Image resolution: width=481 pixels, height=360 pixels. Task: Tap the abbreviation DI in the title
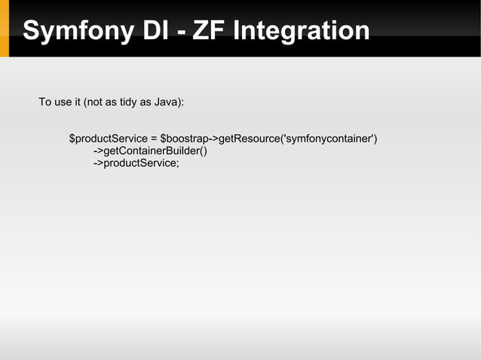coord(138,31)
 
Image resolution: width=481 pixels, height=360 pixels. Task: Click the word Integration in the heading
coord(302,31)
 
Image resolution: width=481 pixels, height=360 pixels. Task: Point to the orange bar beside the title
coord(4,29)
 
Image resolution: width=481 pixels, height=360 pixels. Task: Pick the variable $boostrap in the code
coord(183,139)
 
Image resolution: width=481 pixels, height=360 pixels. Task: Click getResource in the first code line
coord(249,139)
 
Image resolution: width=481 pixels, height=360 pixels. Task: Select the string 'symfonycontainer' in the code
coord(328,139)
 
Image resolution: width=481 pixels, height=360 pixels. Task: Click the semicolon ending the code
coord(178,164)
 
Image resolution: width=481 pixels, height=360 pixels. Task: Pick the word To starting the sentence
coord(44,102)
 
